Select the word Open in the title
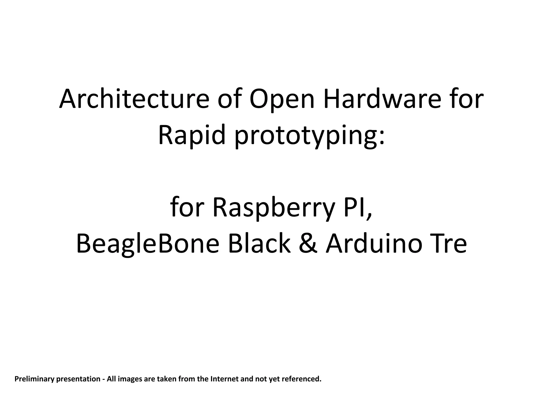[282, 99]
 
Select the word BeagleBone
[148, 244]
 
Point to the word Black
[259, 244]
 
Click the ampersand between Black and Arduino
[308, 244]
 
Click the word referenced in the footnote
[301, 379]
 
